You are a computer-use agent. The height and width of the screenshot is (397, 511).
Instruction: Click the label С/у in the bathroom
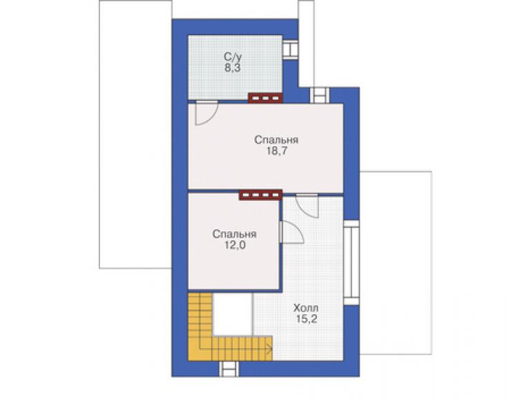[x=233, y=57]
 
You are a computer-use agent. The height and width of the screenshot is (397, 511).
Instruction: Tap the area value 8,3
[x=232, y=68]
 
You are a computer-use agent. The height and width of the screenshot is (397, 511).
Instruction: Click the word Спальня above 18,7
[x=276, y=140]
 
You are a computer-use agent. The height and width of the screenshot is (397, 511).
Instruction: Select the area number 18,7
[x=277, y=151]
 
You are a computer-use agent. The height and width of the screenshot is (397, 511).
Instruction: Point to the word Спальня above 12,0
[x=234, y=234]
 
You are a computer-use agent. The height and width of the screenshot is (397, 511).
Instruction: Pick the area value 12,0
[x=235, y=245]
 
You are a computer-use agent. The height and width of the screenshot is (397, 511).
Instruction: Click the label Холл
[x=306, y=308]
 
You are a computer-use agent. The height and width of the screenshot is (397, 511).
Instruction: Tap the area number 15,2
[x=307, y=319]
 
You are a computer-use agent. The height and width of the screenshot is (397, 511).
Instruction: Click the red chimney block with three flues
[x=265, y=98]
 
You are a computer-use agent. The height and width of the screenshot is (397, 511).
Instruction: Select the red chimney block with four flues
[x=260, y=195]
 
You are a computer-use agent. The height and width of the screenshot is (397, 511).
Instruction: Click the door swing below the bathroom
[x=206, y=113]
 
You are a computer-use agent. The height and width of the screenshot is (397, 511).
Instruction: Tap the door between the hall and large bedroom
[x=307, y=206]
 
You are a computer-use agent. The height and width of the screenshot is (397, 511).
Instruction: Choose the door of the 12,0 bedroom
[x=292, y=232]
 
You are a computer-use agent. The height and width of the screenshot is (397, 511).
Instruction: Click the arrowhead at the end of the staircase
[x=270, y=349]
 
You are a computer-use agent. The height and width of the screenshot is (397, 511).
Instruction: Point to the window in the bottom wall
[x=229, y=369]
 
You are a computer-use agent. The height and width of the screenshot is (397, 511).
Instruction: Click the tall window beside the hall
[x=351, y=262]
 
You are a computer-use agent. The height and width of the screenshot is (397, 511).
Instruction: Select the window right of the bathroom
[x=290, y=50]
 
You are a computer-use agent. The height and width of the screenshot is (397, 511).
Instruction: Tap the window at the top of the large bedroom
[x=319, y=95]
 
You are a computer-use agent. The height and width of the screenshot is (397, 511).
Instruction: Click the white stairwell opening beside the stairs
[x=232, y=314]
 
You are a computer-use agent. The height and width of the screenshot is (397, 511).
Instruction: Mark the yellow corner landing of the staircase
[x=200, y=348]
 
